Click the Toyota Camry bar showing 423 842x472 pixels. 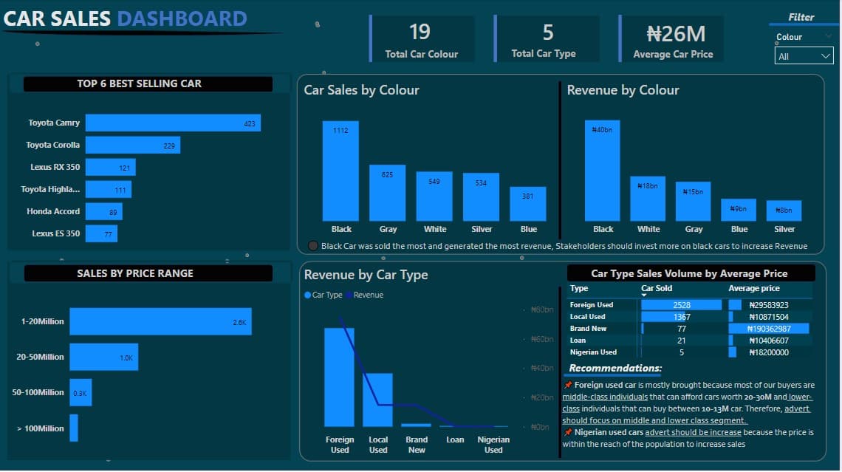(173, 123)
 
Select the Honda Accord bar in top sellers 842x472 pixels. (103, 212)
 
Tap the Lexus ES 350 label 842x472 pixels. (55, 234)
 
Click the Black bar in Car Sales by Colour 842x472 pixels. (340, 171)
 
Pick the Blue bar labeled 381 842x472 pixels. (528, 203)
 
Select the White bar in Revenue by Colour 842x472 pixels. (648, 198)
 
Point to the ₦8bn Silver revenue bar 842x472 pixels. (784, 211)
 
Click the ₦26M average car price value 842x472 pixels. (676, 33)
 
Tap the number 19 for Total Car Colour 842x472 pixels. (420, 32)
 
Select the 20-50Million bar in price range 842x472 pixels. (103, 357)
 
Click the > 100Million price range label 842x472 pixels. (40, 428)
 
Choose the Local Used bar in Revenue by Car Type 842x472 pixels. (377, 400)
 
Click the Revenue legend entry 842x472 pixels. (369, 295)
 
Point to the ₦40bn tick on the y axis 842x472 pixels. (542, 368)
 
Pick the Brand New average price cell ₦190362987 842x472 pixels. (769, 329)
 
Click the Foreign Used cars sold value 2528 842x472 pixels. (681, 305)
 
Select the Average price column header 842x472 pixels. (753, 289)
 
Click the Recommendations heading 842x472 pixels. (615, 369)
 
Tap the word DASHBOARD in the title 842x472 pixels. (182, 18)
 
